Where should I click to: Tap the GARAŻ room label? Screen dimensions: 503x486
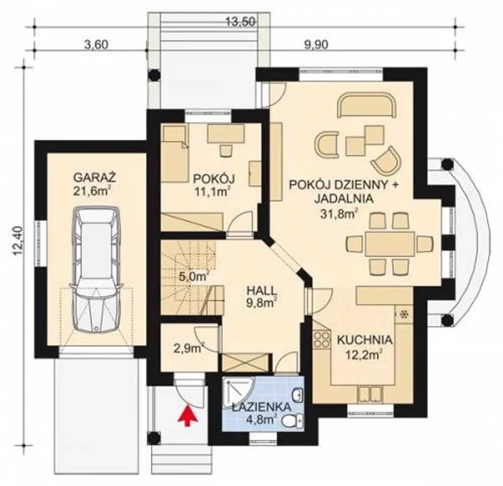(x=95, y=177)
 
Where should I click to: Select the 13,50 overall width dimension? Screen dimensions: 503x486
(x=240, y=22)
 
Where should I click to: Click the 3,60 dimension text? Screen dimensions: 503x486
(x=96, y=45)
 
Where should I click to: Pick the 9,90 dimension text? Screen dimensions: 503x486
(x=316, y=45)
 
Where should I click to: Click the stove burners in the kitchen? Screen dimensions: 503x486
(x=321, y=339)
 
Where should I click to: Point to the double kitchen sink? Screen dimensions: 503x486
(x=370, y=394)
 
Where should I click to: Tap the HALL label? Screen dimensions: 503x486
(x=262, y=291)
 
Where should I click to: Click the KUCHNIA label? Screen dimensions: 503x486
(x=365, y=340)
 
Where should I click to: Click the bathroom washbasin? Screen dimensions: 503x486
(x=298, y=395)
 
